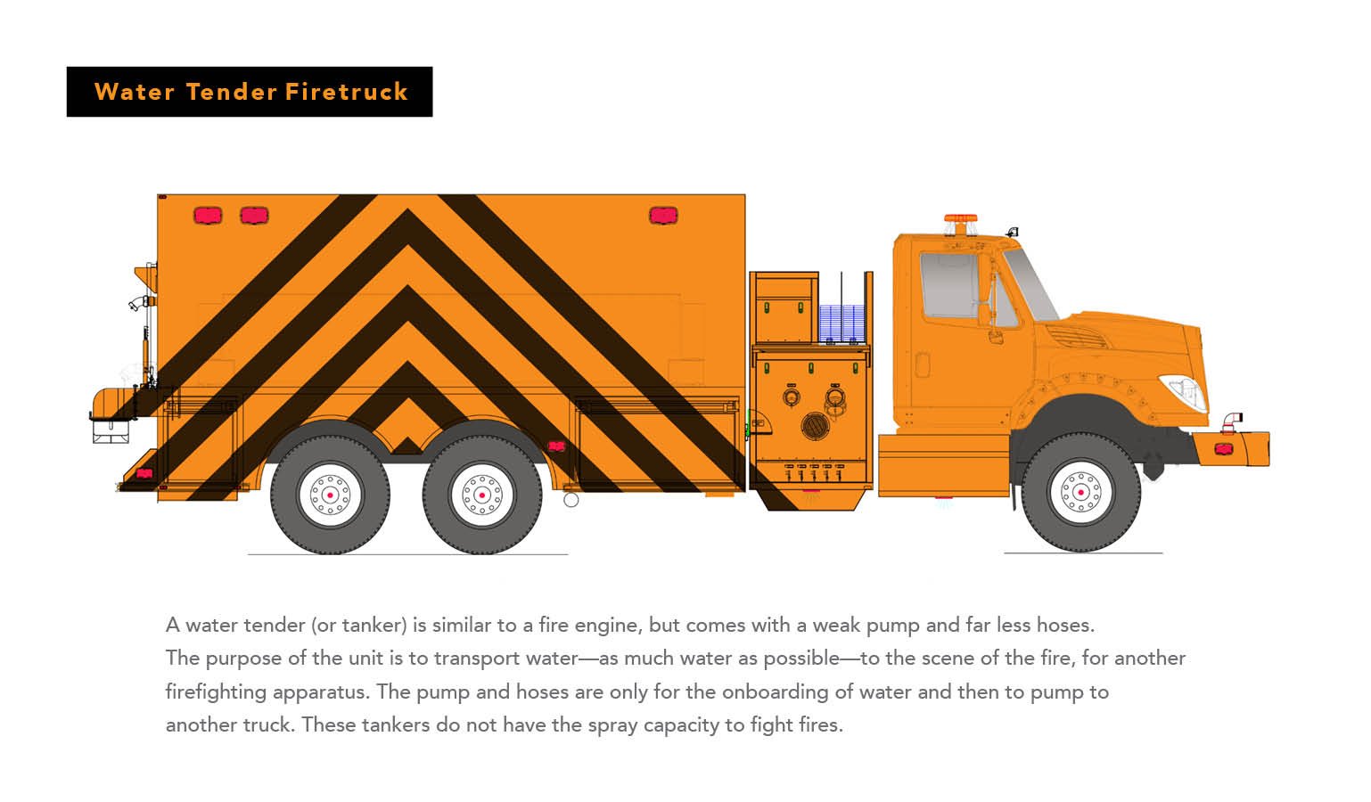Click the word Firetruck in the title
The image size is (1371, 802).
347,92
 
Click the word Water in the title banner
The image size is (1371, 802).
135,92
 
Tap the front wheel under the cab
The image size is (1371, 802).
1081,492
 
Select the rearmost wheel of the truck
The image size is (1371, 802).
330,495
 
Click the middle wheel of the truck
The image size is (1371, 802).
482,495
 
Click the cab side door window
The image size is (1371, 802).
950,285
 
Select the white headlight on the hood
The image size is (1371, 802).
1184,391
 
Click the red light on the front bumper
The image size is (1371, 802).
1224,449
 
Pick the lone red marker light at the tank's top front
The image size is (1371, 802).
663,216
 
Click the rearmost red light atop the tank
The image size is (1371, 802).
208,216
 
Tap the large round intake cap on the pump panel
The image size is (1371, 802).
816,426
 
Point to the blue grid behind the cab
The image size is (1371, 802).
842,323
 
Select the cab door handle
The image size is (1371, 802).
923,364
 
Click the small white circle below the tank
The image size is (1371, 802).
571,500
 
